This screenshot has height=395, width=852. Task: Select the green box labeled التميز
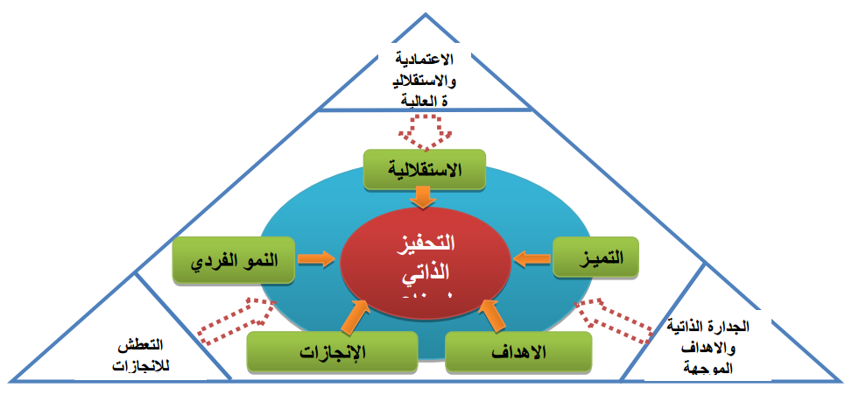(595, 259)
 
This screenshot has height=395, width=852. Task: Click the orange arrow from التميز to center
(532, 259)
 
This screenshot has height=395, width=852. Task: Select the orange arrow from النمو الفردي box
(316, 259)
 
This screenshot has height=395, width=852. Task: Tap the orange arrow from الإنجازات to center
(356, 316)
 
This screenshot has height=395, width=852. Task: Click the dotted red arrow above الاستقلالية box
(424, 131)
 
